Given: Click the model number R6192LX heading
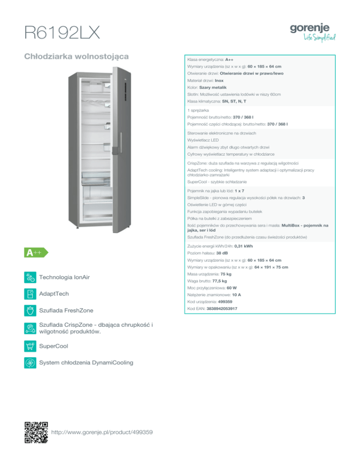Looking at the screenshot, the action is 62,32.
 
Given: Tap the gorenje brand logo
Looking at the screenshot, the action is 313,32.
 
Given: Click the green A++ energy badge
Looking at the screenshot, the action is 36,253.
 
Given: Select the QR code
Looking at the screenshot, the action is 36,432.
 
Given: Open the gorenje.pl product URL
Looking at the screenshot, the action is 102,432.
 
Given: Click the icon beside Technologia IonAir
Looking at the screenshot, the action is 30,277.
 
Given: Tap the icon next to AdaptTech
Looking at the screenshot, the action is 30,294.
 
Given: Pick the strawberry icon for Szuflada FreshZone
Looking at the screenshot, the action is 30,310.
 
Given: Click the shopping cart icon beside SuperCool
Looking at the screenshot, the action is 30,346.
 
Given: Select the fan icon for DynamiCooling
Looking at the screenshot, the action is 30,363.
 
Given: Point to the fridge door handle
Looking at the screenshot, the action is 121,143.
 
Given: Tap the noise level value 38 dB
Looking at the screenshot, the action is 222,253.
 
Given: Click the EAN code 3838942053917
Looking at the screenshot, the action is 222,309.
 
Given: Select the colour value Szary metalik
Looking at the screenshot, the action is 213,87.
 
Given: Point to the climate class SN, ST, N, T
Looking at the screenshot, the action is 234,101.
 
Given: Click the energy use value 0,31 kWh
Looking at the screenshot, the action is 243,247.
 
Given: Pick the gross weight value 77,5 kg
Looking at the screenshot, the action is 219,281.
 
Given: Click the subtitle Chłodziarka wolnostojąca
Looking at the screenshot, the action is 76,56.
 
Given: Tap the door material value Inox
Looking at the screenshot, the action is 219,81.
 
